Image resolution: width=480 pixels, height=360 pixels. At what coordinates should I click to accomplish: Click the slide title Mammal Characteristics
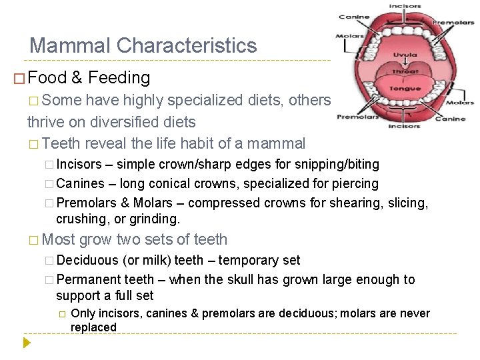[143, 45]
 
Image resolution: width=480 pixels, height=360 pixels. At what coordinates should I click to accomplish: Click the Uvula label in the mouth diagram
[405, 55]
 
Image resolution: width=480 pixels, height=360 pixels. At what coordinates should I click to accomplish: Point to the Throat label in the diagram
[405, 72]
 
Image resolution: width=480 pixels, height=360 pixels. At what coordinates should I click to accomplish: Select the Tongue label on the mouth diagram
[405, 89]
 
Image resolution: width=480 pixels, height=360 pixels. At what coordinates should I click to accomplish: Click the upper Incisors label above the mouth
[405, 6]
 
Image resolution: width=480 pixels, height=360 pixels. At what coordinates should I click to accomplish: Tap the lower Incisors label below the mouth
[404, 125]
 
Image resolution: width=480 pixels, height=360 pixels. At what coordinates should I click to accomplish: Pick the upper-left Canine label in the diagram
[354, 17]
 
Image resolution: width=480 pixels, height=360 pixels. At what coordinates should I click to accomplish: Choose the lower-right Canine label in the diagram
[450, 119]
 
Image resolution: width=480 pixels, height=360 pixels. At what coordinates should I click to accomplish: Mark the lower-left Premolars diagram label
[357, 116]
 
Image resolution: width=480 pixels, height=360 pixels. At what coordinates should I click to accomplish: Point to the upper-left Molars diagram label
[350, 37]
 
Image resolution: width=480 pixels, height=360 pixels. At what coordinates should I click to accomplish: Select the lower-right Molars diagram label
[460, 103]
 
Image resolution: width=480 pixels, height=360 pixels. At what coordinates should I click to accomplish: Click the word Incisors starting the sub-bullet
[79, 164]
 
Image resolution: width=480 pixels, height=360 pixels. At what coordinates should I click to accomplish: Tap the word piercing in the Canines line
[355, 183]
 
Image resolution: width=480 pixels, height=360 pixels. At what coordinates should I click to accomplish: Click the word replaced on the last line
[93, 327]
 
